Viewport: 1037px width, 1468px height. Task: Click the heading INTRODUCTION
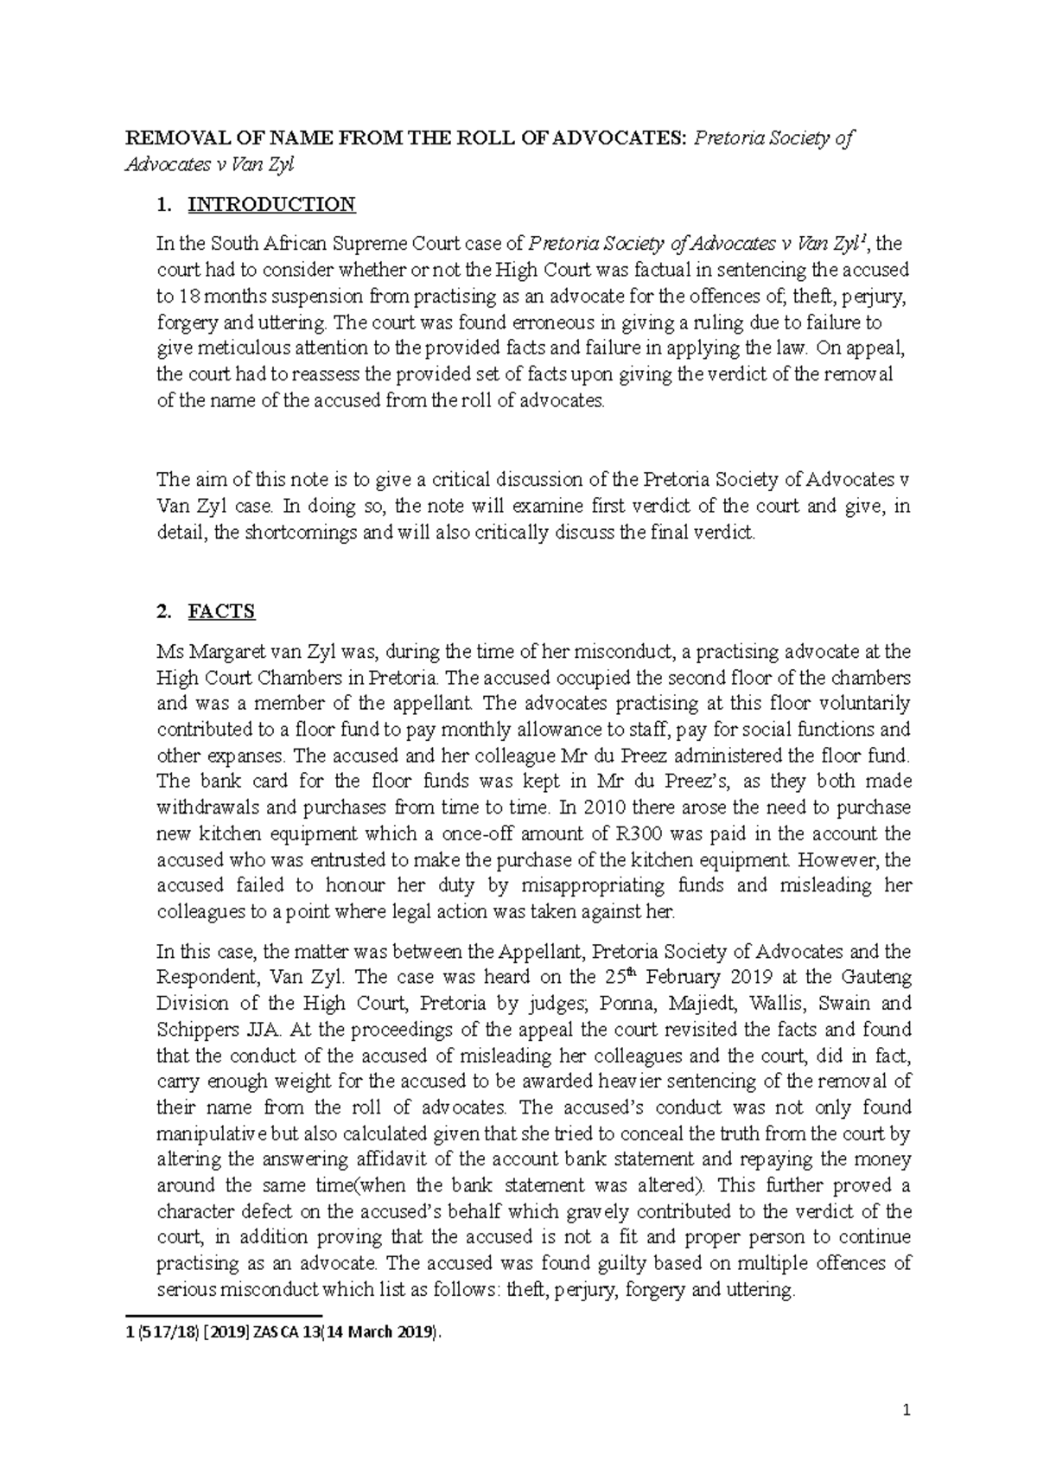(271, 204)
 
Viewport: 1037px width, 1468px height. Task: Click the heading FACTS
(221, 612)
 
